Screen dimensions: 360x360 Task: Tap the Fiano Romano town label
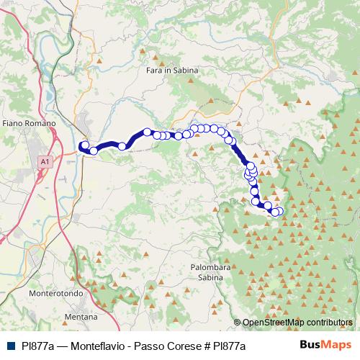[x=29, y=124]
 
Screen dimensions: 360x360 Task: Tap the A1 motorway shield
[x=46, y=162]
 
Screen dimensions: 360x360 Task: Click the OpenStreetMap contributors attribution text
[x=296, y=322]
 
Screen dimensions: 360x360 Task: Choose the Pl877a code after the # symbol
[x=226, y=346]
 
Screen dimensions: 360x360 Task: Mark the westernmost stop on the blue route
[x=84, y=145]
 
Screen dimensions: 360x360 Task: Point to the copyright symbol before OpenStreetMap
[x=238, y=322]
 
